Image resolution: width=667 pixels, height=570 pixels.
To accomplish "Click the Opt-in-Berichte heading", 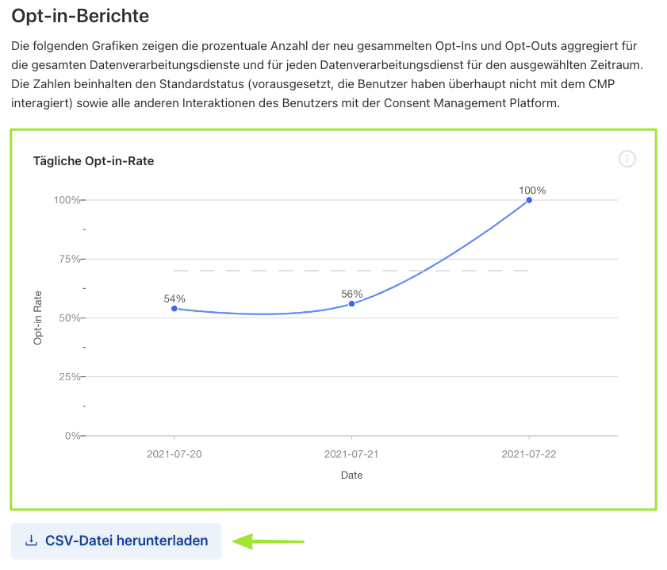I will tap(80, 15).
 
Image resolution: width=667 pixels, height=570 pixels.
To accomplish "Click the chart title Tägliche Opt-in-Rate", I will tap(94, 160).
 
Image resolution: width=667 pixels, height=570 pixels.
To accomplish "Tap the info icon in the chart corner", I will tap(627, 160).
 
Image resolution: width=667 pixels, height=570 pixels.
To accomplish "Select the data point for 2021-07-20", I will tap(174, 308).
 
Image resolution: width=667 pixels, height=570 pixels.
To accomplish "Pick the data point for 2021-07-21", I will tap(351, 303).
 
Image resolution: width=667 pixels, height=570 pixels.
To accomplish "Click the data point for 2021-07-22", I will tap(529, 200).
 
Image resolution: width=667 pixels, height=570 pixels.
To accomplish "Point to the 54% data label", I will tap(174, 298).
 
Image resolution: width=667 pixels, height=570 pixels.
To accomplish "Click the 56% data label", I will tap(352, 294).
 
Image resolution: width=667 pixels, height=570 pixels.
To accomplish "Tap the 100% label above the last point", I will tap(532, 191).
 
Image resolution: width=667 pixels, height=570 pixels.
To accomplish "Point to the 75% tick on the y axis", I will tap(67, 259).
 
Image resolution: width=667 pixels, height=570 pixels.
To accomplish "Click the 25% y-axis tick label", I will tap(67, 376).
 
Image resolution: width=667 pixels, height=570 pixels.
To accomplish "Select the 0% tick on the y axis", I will tap(71, 436).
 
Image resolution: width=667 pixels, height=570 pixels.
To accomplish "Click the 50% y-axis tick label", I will tap(67, 318).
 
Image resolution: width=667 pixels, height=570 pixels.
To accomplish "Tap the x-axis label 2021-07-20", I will tap(174, 454).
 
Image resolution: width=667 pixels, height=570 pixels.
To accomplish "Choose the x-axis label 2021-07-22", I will tap(529, 454).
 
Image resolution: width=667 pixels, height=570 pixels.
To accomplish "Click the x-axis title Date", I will tap(352, 475).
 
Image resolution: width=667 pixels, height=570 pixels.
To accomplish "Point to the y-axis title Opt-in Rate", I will tap(38, 318).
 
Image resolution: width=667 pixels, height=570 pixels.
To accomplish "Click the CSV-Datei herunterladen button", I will tap(116, 541).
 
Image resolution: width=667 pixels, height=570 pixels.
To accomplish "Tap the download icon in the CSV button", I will tap(32, 541).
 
